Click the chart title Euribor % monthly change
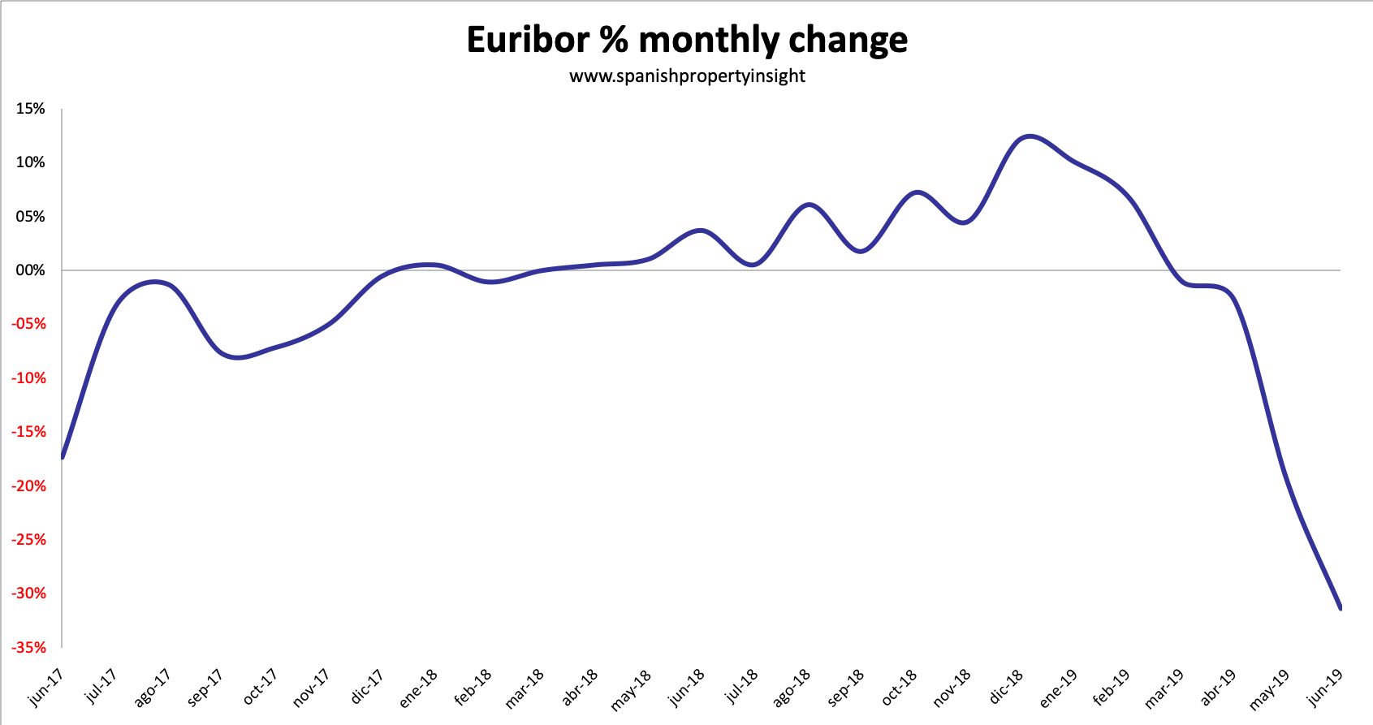tap(687, 40)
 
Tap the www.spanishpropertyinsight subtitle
tap(687, 76)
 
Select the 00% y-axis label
tap(31, 270)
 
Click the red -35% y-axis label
tap(28, 647)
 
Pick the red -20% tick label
tap(28, 485)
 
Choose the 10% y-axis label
tap(31, 162)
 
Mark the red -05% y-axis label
tap(28, 324)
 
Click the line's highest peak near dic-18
tap(1029, 136)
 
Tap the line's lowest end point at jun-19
tap(1340, 607)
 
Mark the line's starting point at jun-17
tap(62, 457)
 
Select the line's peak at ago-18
tap(809, 205)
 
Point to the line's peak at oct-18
tap(917, 192)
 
